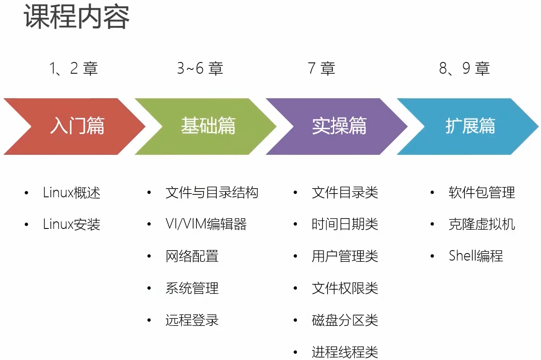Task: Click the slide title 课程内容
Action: pos(77,17)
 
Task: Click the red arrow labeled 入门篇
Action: pos(77,126)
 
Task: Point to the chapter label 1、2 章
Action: pos(74,68)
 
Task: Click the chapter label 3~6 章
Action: pos(200,68)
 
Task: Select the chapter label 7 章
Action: pos(322,68)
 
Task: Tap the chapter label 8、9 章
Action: pos(464,68)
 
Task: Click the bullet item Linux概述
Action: pos(72,193)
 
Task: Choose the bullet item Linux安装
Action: pos(72,225)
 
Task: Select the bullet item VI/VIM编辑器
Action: pos(206,225)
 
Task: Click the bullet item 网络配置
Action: pos(192,256)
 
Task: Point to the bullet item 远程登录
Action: pos(192,320)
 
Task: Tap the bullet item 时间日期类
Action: pos(345,225)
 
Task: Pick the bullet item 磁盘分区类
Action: pos(345,320)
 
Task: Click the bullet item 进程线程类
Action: pos(345,352)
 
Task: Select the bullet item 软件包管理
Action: pos(482,193)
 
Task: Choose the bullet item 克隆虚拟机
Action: pos(482,225)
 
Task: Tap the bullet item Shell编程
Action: pos(476,256)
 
